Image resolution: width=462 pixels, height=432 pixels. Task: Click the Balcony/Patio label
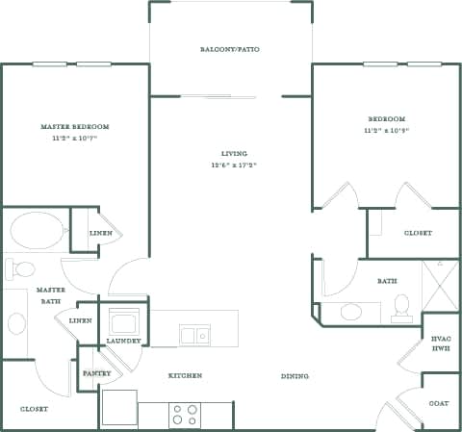[x=229, y=49]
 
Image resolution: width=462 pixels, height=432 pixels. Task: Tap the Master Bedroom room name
[x=74, y=126]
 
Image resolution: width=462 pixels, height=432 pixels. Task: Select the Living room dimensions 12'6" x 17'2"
[x=234, y=165]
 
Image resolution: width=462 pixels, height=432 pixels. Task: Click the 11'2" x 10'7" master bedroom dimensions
[x=74, y=138]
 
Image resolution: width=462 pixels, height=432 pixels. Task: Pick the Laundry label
[x=124, y=341]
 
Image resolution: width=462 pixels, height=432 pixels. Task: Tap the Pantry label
[x=97, y=373]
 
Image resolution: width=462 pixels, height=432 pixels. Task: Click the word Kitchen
[x=185, y=375]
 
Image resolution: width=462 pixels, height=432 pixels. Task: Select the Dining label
[x=295, y=375]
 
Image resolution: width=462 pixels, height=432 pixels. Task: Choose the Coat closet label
[x=439, y=403]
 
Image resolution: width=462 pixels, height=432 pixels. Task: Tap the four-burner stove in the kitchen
[x=184, y=415]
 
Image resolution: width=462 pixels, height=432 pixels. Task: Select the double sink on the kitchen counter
[x=194, y=336]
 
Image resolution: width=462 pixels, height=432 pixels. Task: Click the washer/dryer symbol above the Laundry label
[x=124, y=319]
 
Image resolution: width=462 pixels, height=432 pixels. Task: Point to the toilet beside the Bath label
[x=401, y=305]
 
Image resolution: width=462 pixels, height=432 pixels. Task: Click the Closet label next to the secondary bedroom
[x=418, y=233]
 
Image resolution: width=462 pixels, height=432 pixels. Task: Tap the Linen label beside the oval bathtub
[x=100, y=234]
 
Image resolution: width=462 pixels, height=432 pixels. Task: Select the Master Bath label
[x=50, y=295]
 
